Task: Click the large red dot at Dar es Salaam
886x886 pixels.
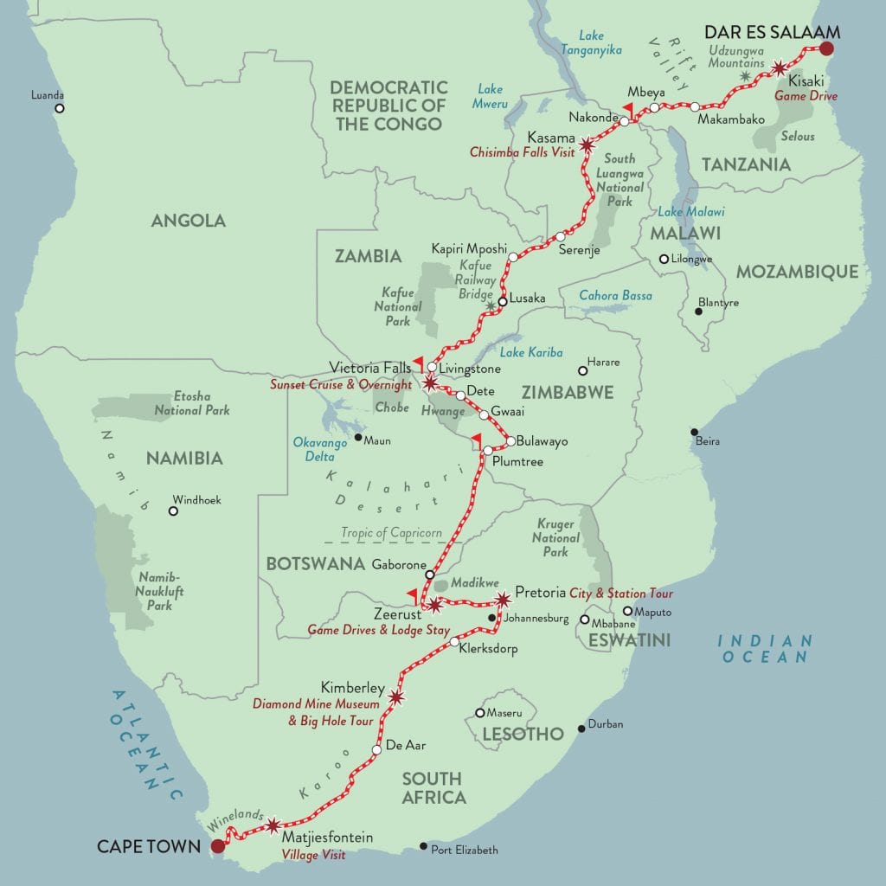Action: [x=827, y=49]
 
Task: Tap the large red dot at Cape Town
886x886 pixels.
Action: [x=218, y=845]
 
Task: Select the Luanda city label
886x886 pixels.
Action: [x=48, y=95]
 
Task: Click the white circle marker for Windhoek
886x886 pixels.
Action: [x=173, y=511]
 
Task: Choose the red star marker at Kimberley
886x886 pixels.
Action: [x=396, y=697]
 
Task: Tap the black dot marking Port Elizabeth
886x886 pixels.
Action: [x=423, y=845]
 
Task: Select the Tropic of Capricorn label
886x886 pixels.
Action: [x=391, y=533]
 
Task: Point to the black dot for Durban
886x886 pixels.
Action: [x=581, y=729]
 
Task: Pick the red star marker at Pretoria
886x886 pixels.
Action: [x=504, y=599]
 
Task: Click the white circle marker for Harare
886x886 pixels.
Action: [x=582, y=370]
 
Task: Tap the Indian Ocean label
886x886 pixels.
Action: [x=765, y=648]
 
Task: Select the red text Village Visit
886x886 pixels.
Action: [x=313, y=855]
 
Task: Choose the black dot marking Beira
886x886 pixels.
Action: [x=694, y=432]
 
